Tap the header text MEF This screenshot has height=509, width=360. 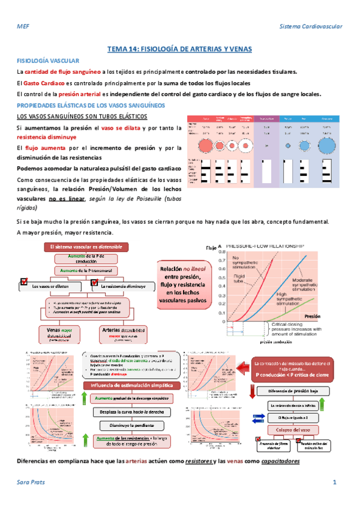[x=22, y=26]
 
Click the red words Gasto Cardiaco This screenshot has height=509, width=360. [x=44, y=83]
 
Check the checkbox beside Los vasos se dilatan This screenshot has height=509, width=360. [x=25, y=280]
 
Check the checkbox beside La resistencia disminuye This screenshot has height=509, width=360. [x=95, y=280]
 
